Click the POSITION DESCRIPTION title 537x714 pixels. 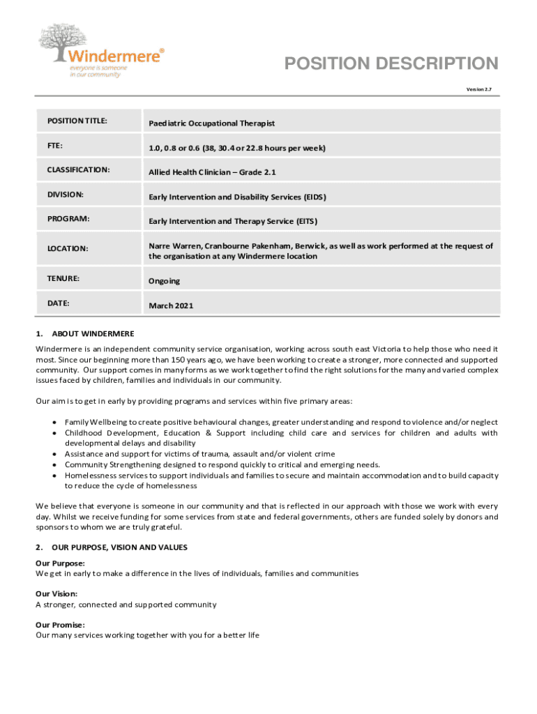coord(391,64)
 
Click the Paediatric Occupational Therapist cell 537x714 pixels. coord(212,123)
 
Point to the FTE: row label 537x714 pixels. coord(56,146)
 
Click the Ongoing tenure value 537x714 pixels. coord(164,281)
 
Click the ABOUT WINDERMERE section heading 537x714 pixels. coord(93,334)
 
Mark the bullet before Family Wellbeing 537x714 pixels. coord(54,423)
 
